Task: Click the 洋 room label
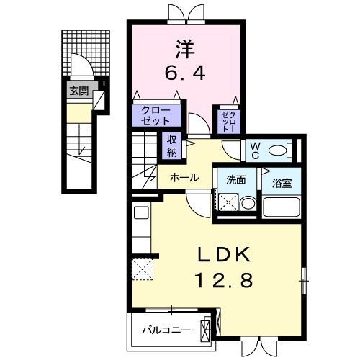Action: tap(183, 49)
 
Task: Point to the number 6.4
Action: tap(183, 72)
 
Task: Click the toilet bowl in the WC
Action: tap(289, 150)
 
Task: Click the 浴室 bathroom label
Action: tap(278, 181)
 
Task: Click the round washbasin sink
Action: tap(247, 204)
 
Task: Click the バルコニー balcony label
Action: tap(166, 330)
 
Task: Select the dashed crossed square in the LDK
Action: tap(143, 269)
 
